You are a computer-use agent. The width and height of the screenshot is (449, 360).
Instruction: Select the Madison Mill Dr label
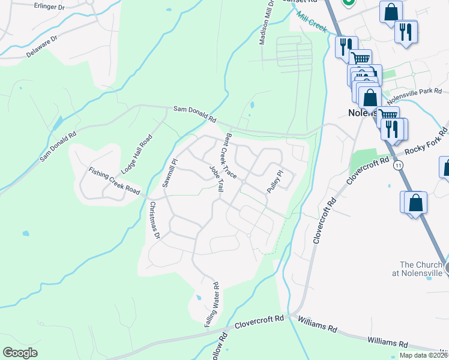267,25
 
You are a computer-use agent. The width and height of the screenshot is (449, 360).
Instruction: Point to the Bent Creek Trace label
231,155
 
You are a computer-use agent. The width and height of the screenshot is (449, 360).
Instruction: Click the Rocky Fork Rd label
427,143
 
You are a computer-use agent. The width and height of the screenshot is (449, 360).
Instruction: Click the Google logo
20,353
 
